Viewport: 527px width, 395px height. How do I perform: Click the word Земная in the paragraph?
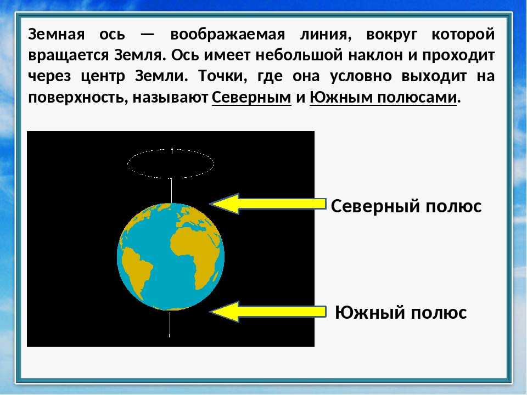click(x=56, y=34)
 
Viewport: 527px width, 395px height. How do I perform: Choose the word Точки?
click(x=222, y=76)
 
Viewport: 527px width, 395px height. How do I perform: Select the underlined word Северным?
click(x=251, y=98)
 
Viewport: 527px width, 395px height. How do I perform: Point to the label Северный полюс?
click(x=406, y=206)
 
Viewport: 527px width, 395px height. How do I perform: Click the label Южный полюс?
click(x=401, y=312)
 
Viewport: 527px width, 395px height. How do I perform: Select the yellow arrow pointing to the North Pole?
click(x=268, y=204)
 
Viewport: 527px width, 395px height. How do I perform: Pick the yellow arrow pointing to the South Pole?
click(x=268, y=312)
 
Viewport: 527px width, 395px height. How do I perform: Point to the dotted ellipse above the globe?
click(x=128, y=164)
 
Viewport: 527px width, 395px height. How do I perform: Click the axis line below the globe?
click(x=170, y=324)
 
